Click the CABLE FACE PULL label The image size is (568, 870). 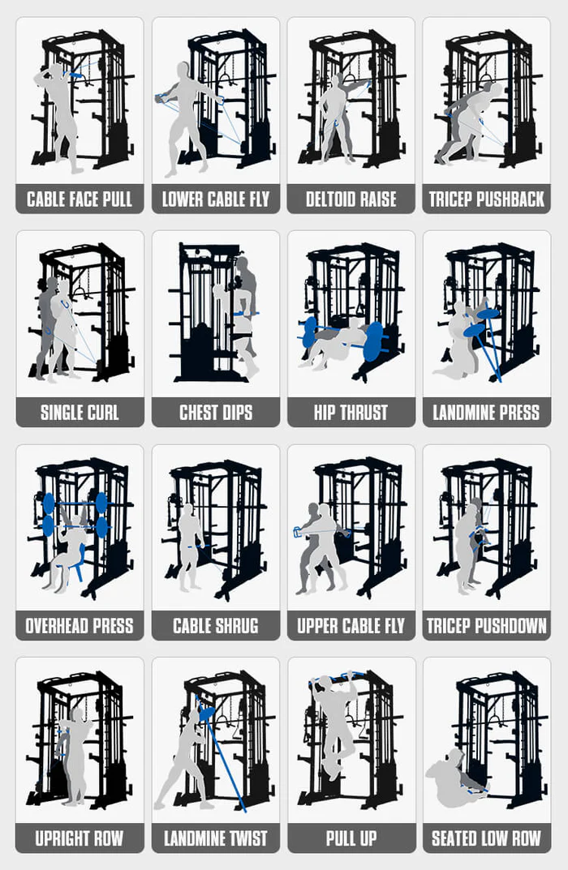80,199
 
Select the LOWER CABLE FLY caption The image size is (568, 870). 215,199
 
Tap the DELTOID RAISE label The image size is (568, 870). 351,199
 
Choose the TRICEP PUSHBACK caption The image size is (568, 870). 486,199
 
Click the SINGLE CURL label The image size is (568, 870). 80,413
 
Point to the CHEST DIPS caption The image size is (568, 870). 215,413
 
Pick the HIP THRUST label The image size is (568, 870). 351,413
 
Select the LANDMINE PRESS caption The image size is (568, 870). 486,413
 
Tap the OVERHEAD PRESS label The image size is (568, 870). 80,626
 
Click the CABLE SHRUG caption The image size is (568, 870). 215,626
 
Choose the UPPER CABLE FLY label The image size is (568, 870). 351,626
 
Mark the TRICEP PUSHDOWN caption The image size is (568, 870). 486,626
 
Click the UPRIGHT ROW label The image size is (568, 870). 80,838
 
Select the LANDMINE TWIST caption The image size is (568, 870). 215,838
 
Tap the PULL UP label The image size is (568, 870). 351,838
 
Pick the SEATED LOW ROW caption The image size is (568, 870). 486,838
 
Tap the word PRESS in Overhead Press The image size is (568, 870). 110,626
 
